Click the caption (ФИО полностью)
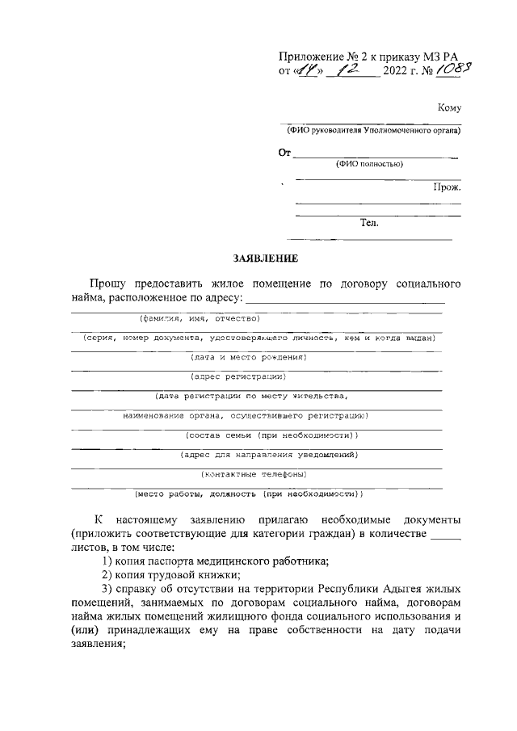(x=370, y=164)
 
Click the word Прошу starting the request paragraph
(x=110, y=284)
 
